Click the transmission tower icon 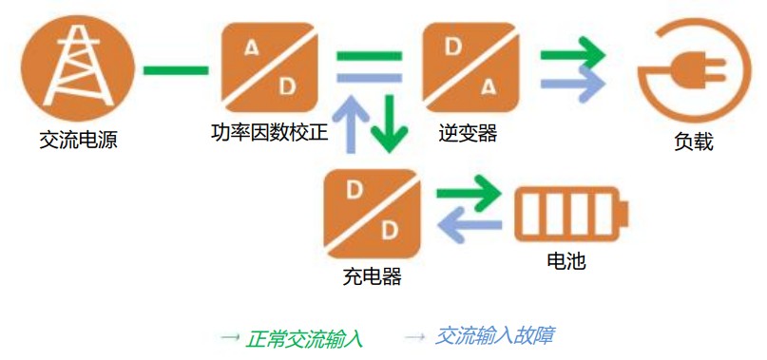[x=77, y=67]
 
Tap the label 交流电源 [x=78, y=141]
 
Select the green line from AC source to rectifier [x=176, y=70]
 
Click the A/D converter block [x=270, y=67]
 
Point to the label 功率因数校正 [x=270, y=133]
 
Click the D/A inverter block [x=470, y=67]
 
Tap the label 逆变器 [x=469, y=133]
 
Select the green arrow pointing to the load [x=573, y=54]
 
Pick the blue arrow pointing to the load [x=573, y=84]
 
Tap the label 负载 [x=694, y=142]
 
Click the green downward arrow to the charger [x=390, y=123]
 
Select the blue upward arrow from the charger [x=351, y=123]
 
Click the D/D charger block [x=373, y=214]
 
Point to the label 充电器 [x=373, y=276]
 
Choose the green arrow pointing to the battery [x=470, y=194]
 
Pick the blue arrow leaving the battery [x=470, y=224]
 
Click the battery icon [x=571, y=214]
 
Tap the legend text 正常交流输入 [x=304, y=338]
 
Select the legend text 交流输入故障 [x=494, y=336]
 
